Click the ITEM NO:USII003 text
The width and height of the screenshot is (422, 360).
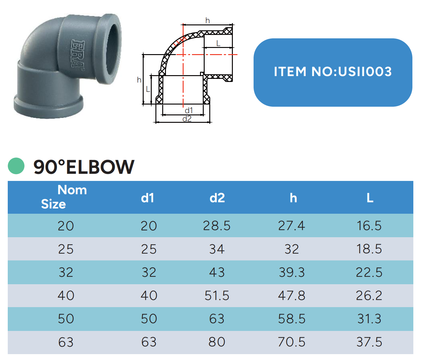pos(333,71)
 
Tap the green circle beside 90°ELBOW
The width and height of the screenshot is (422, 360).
pos(16,166)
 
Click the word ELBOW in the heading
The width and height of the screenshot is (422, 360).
pos(100,167)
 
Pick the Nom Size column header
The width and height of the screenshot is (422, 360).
pos(64,197)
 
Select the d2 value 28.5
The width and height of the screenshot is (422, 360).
pos(217,225)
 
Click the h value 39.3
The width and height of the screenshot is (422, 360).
pos(292,272)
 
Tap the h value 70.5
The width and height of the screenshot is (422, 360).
pos(292,342)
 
